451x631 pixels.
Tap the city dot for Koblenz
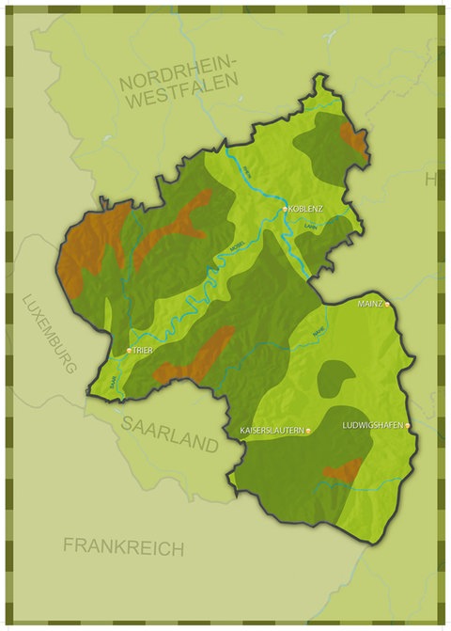point(286,208)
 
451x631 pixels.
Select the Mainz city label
point(370,305)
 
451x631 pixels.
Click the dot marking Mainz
point(386,305)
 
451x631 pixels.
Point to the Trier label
point(143,350)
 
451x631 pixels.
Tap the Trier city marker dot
point(129,350)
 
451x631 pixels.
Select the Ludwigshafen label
point(372,425)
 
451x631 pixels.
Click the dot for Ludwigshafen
point(408,425)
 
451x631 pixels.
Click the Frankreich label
point(123,546)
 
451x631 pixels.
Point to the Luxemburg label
point(49,334)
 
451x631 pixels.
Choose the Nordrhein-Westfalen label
point(180,87)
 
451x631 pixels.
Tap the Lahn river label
point(310,226)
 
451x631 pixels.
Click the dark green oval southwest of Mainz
point(334,379)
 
